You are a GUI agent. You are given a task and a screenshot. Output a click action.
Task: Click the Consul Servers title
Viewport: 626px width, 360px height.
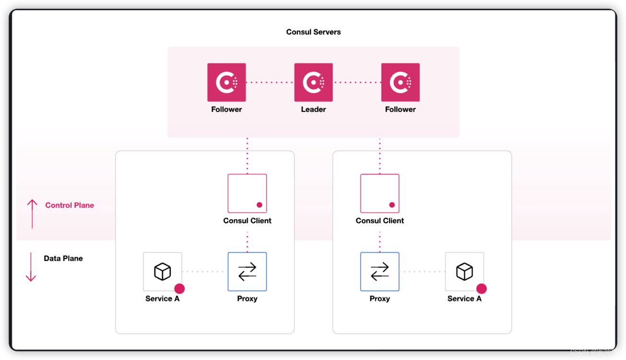[313, 32]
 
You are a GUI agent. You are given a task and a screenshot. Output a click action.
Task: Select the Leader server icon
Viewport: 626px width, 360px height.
[313, 82]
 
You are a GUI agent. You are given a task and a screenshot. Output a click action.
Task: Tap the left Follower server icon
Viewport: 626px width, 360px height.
[226, 82]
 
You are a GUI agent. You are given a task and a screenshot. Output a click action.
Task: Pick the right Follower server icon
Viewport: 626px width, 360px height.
[400, 82]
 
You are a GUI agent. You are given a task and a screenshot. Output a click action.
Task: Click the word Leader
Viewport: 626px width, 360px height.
[313, 109]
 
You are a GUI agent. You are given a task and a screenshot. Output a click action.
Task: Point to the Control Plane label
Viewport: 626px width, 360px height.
[70, 205]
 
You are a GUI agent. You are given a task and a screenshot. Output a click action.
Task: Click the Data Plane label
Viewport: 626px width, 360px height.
[63, 258]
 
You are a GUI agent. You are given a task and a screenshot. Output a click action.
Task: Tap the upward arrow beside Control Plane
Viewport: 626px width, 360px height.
[32, 214]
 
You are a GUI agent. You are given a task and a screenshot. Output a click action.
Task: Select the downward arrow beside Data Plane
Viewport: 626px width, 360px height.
[31, 266]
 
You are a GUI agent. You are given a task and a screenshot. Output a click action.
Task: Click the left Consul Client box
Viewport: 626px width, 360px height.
[247, 193]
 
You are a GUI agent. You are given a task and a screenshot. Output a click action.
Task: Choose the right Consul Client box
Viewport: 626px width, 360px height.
[379, 193]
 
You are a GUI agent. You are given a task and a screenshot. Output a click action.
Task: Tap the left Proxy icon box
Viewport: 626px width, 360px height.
[247, 272]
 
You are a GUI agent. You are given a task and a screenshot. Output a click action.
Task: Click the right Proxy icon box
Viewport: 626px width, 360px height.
[379, 272]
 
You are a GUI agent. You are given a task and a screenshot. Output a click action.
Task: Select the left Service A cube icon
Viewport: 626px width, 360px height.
[163, 271]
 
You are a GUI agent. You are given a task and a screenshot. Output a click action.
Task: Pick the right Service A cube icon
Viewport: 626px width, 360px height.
[464, 271]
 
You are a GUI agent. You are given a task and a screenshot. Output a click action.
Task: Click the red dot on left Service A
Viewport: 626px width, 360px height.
[179, 288]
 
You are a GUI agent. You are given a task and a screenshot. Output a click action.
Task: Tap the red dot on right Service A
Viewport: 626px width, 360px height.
[481, 288]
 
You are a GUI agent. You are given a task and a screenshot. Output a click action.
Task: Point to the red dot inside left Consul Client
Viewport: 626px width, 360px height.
[260, 205]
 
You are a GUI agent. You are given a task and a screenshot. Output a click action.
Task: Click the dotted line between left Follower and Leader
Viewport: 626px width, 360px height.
[270, 83]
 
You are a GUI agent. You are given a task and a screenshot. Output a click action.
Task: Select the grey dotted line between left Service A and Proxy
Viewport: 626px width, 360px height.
[205, 272]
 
